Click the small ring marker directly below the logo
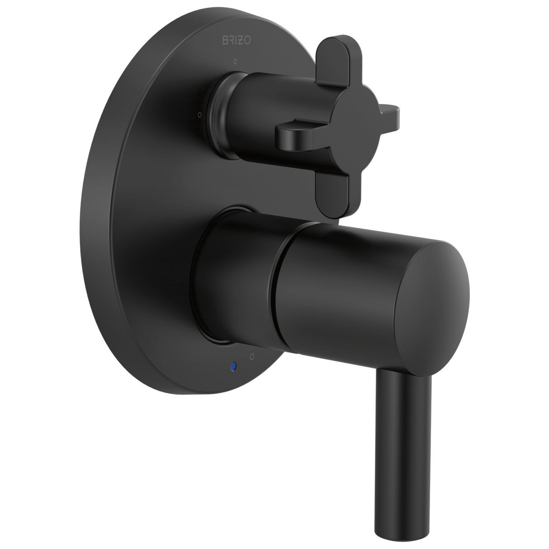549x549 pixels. pyautogui.click(x=234, y=61)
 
